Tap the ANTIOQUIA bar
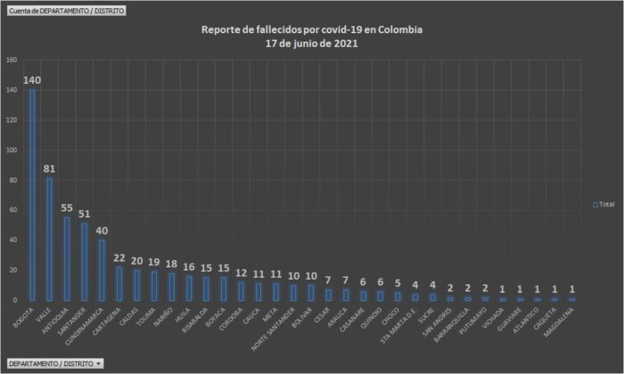pos(67,258)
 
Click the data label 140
pos(33,81)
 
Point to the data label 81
pos(50,169)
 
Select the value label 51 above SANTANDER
pos(85,214)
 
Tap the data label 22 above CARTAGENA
pos(119,257)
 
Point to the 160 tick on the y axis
pos(12,61)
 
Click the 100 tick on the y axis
pos(12,150)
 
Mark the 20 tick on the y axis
pos(13,270)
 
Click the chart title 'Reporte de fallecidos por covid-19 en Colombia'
pos(312,29)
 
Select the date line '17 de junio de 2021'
pos(312,43)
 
